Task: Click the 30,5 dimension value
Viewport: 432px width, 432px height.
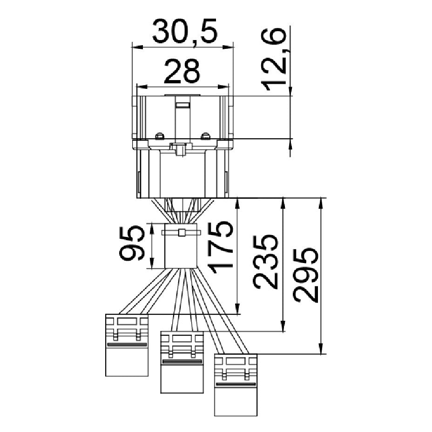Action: point(185,32)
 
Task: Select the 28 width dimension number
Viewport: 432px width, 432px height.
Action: point(182,71)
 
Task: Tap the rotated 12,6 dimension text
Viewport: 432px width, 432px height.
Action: point(274,59)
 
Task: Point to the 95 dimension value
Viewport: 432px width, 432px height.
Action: point(132,243)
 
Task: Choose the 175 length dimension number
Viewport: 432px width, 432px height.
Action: point(220,247)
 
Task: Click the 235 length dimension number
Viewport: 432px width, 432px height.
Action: point(264,262)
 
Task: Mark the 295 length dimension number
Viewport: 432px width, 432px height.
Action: point(305,275)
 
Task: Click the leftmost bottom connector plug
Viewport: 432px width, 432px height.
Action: point(127,345)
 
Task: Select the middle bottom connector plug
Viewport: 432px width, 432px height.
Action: point(182,362)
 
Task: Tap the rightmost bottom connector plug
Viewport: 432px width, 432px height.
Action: point(236,385)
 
